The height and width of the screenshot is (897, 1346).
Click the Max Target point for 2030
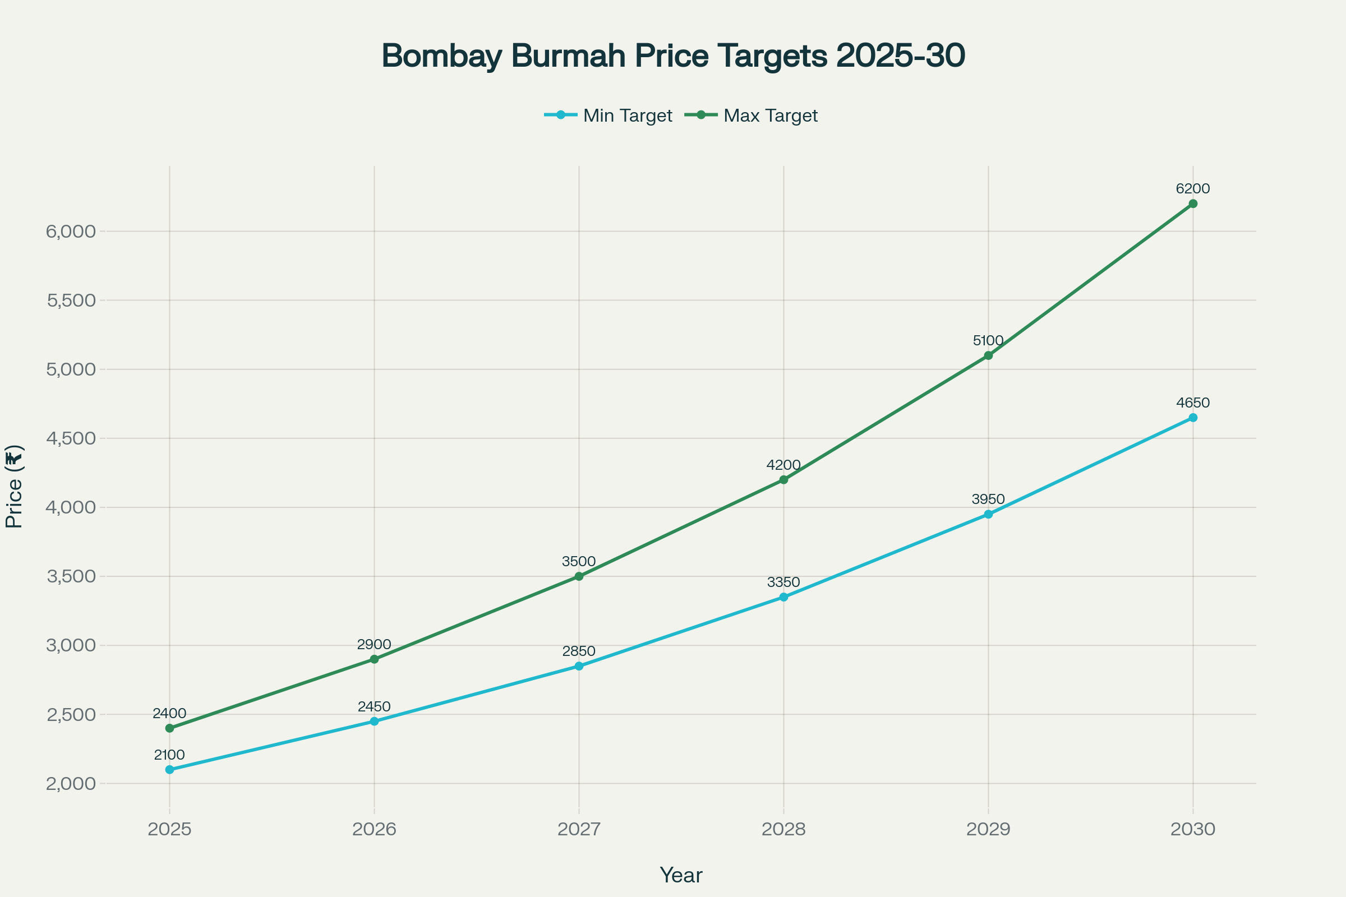point(1193,204)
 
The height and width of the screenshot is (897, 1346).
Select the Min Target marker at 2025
point(169,769)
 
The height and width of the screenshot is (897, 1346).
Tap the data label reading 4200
point(783,465)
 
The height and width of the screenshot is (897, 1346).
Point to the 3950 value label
point(988,499)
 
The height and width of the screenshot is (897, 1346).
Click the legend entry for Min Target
point(609,115)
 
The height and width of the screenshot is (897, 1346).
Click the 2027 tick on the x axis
point(579,829)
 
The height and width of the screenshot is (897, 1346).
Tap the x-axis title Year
point(680,875)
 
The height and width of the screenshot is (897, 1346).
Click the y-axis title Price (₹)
point(13,486)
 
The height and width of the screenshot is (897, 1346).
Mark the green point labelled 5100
point(988,355)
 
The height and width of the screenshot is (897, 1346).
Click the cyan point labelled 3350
point(783,597)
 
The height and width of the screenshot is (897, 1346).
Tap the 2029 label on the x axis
point(988,829)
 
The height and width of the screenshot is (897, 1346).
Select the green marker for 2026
point(374,659)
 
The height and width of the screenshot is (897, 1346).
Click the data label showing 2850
point(579,651)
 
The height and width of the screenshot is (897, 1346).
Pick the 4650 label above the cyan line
point(1193,403)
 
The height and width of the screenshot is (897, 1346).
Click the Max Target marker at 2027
point(579,576)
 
